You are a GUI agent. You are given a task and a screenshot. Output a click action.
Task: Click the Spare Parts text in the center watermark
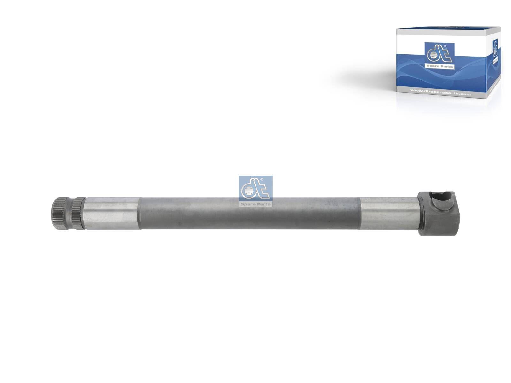256,204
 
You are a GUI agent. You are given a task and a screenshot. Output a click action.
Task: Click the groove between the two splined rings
71,213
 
